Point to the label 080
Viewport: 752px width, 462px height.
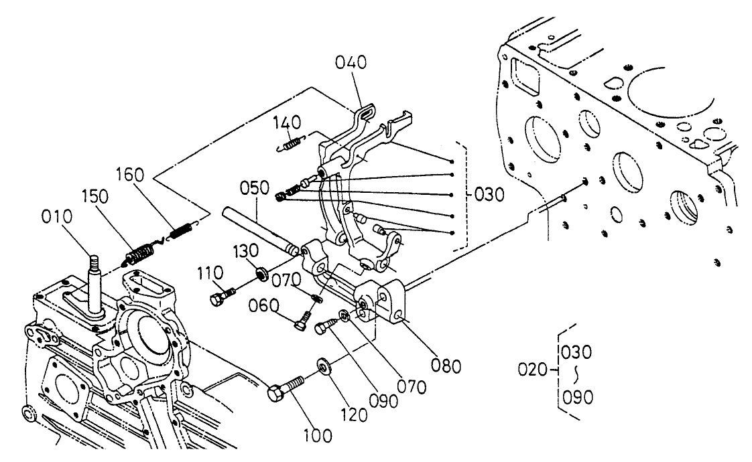click(x=446, y=366)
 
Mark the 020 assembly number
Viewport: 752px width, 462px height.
click(x=535, y=368)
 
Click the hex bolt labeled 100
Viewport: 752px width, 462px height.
click(x=284, y=389)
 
